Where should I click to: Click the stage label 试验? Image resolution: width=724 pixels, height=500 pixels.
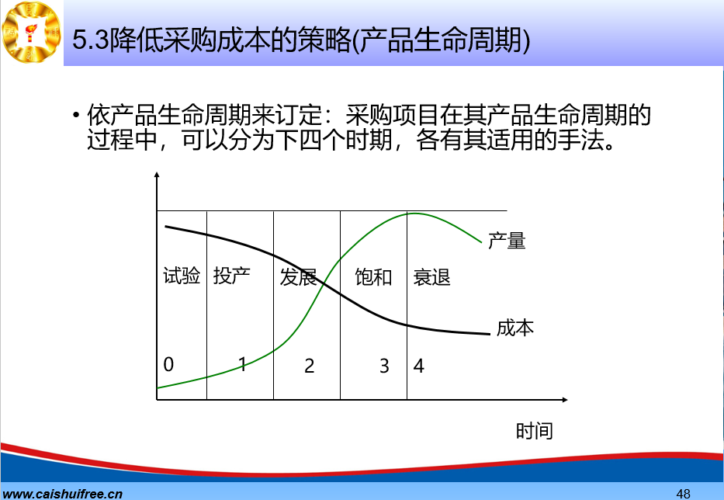182,276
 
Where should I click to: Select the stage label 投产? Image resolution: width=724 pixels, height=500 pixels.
232,276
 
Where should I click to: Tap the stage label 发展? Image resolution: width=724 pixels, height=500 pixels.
298,277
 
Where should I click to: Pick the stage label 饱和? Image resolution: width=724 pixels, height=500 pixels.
373,277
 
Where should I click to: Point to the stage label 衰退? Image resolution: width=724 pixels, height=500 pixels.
431,278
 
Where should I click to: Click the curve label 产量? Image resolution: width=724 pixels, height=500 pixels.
507,241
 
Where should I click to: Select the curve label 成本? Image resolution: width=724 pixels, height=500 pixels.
515,328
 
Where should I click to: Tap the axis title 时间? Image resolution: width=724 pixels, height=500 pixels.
534,431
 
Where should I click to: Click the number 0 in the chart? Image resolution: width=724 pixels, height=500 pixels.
168,365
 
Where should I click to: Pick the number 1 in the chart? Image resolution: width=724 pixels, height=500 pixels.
242,365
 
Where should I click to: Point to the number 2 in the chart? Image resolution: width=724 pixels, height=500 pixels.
310,366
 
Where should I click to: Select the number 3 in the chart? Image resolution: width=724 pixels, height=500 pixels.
384,366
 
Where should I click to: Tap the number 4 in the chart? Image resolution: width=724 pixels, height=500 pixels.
419,366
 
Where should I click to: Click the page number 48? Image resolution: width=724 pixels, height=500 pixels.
684,494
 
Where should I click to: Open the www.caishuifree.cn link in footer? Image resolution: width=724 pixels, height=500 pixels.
61,494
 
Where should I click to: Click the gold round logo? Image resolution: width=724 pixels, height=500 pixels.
31,33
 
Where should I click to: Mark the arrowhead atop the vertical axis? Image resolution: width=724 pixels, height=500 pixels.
157,175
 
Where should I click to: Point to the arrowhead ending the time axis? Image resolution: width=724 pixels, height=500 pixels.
565,400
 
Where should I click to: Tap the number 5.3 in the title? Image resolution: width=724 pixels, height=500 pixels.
90,40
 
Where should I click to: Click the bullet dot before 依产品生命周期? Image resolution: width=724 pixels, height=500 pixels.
76,114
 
